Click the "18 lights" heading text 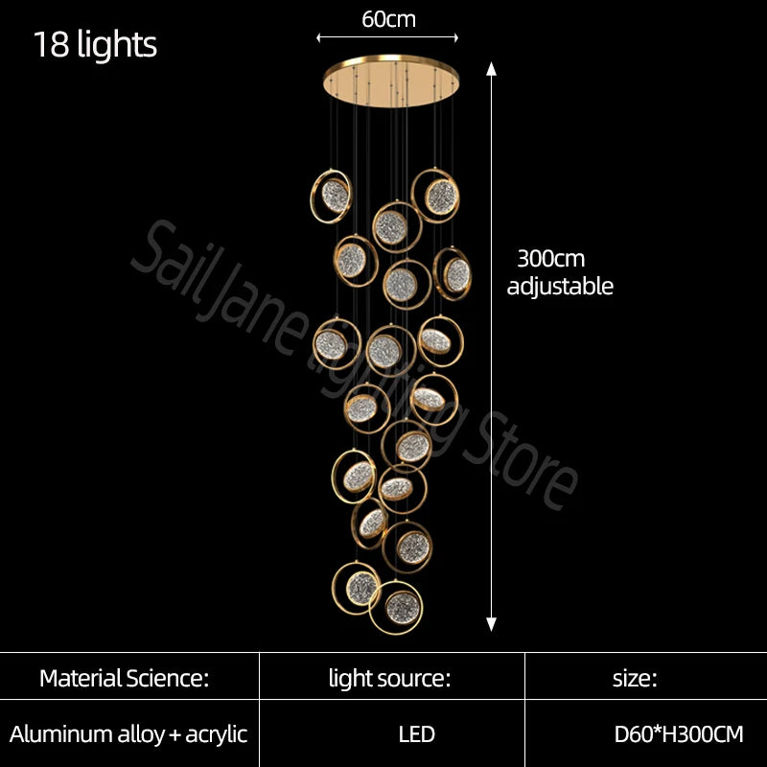click(95, 45)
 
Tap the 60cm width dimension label click(388, 18)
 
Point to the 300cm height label click(550, 259)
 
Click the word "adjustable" click(560, 286)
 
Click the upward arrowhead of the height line click(492, 69)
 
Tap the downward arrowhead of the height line click(492, 624)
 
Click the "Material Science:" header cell click(124, 680)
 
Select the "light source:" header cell click(389, 680)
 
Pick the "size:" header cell click(635, 680)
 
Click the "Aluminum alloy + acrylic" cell click(128, 735)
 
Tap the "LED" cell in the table click(417, 735)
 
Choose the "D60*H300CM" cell click(679, 735)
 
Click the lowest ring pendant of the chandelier click(395, 606)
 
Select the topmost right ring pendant click(438, 196)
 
